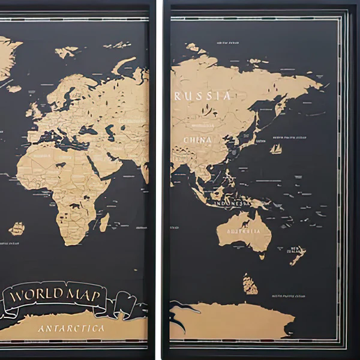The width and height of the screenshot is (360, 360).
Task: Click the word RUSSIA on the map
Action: [x=202, y=96]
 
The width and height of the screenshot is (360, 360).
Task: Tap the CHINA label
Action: [x=197, y=140]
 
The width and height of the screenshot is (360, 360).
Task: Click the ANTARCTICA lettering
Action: [x=71, y=329]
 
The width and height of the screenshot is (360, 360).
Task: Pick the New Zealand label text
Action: [x=296, y=250]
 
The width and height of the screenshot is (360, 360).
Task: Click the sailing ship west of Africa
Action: [x=17, y=229]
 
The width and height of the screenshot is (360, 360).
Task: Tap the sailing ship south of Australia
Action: [x=250, y=283]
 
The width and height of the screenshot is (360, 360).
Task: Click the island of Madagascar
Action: [x=104, y=223]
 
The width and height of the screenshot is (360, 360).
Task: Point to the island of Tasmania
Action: [x=262, y=255]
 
